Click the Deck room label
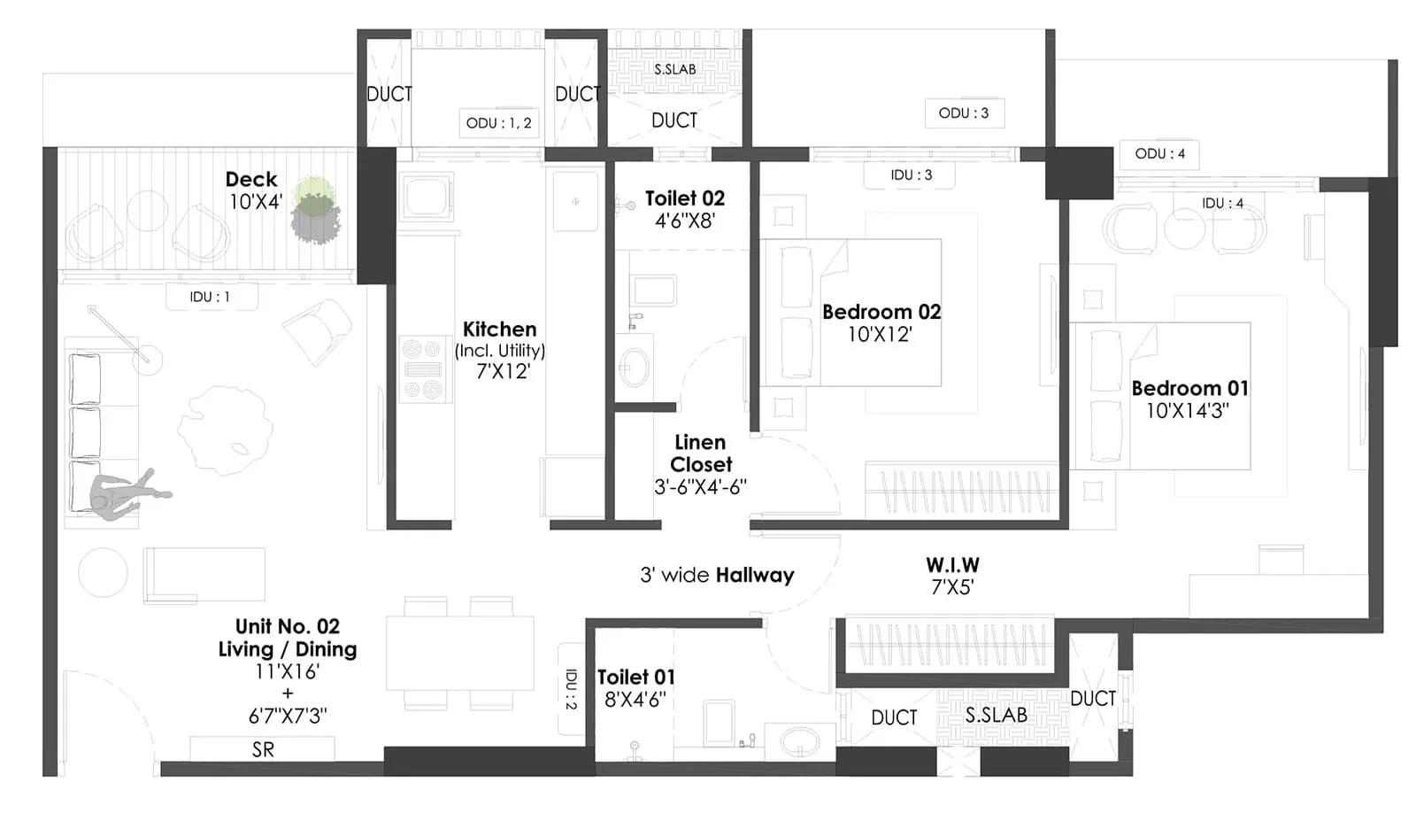pyautogui.click(x=251, y=180)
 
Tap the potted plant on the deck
pyautogui.click(x=315, y=211)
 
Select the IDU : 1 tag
pyautogui.click(x=210, y=297)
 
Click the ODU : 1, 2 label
pyautogui.click(x=499, y=123)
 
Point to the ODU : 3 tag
pyautogui.click(x=964, y=113)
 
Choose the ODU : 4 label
pyautogui.click(x=1160, y=154)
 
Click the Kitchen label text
pyautogui.click(x=500, y=329)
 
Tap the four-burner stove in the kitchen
pyautogui.click(x=422, y=369)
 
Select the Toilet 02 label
pyautogui.click(x=684, y=198)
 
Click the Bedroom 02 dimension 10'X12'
pyautogui.click(x=880, y=335)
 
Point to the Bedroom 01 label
pyautogui.click(x=1189, y=388)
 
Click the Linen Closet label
pyautogui.click(x=700, y=453)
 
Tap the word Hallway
pyautogui.click(x=755, y=576)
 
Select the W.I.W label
pyautogui.click(x=952, y=565)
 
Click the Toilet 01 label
pyautogui.click(x=635, y=678)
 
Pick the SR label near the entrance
pyautogui.click(x=263, y=749)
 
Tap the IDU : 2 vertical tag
pyautogui.click(x=571, y=689)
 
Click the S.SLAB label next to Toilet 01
pyautogui.click(x=997, y=715)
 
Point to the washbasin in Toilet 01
pyautogui.click(x=799, y=741)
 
